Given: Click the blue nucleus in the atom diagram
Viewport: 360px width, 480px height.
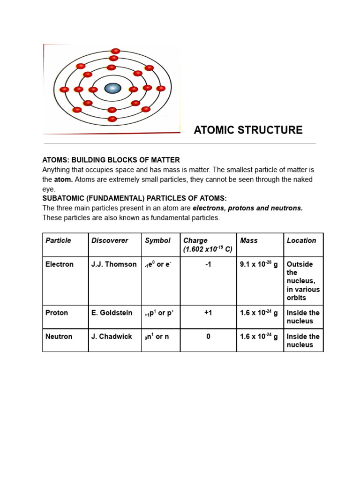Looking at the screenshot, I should coord(112,88).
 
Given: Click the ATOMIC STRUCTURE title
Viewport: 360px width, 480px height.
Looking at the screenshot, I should coord(248,130).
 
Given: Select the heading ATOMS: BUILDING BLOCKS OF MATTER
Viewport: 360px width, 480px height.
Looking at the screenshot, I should coord(111,160).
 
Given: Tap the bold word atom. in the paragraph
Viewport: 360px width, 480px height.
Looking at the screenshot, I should coord(63,180).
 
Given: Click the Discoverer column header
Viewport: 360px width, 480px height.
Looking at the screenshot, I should coord(110,240).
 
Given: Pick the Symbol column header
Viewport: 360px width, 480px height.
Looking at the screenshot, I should coord(157,240).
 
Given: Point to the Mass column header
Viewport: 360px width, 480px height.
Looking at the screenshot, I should coord(249,240).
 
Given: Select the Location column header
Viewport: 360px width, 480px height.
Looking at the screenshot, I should coord(301,240).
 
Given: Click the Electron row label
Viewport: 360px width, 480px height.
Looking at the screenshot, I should coord(60,264).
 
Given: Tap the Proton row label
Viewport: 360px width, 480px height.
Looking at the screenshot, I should coord(57,313).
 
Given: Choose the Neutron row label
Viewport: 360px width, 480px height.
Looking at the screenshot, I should coord(59,337).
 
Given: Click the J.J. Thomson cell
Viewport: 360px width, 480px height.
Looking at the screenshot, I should coord(114,264).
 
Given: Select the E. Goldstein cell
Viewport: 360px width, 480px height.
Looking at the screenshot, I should coord(112,313).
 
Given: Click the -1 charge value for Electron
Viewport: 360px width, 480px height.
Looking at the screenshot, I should coord(208,264).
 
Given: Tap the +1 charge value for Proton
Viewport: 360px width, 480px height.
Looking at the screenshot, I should coord(208,313).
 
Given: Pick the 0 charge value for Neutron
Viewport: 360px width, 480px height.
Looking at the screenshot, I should coord(208,337).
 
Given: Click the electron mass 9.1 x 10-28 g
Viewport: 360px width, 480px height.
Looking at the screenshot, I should coord(259,264).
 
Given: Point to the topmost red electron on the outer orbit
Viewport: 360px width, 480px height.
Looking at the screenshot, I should coord(115,51).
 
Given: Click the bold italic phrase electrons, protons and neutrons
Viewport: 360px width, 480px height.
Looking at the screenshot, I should coord(247,208).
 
